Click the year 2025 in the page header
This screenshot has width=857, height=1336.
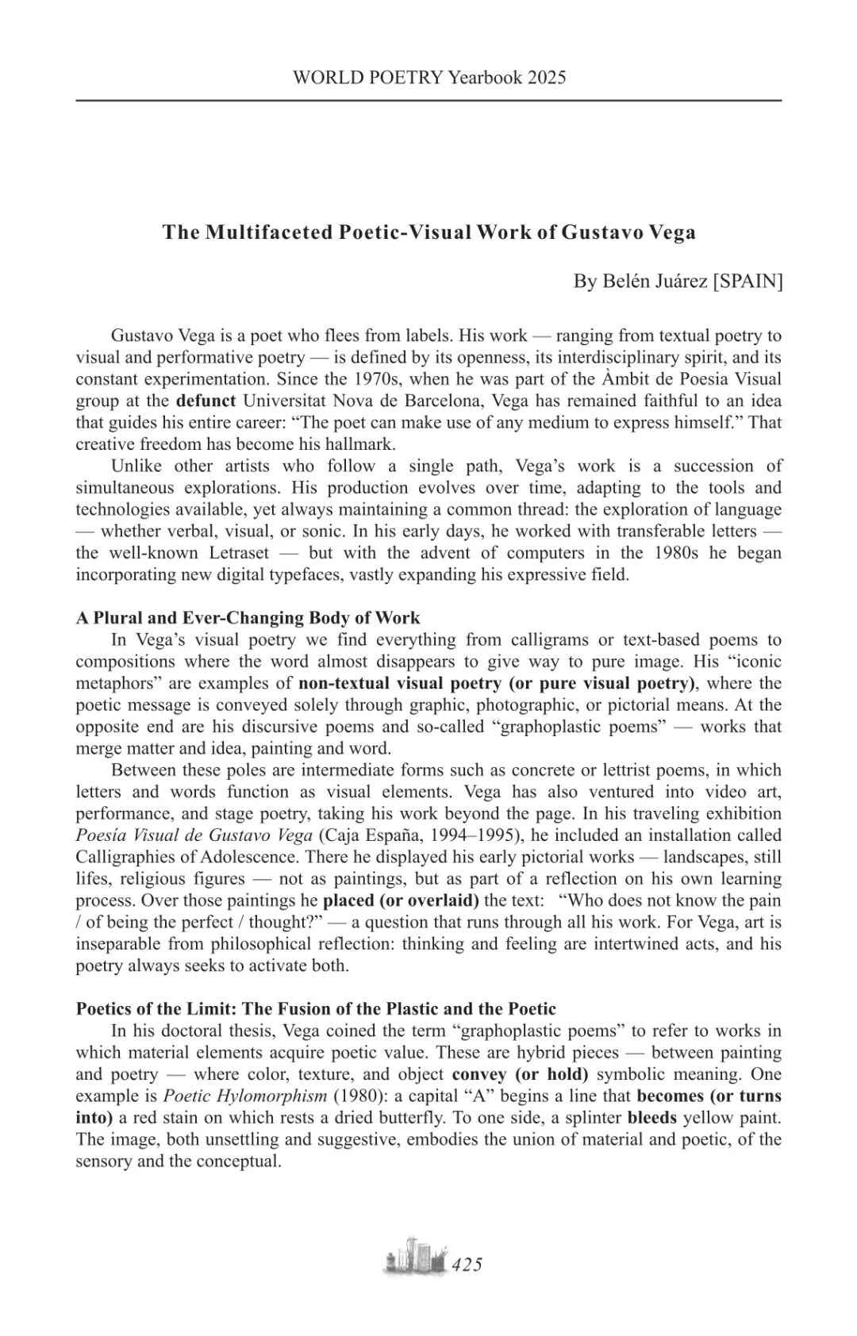[x=546, y=77]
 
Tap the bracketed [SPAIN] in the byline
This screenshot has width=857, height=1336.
[x=747, y=281]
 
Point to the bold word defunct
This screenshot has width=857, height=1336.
[x=206, y=400]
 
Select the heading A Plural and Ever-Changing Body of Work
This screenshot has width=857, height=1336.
[x=248, y=617]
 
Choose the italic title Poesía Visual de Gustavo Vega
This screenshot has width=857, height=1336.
[x=194, y=835]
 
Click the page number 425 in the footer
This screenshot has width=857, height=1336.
[x=467, y=1265]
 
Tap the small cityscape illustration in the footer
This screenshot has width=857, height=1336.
[x=414, y=1258]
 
